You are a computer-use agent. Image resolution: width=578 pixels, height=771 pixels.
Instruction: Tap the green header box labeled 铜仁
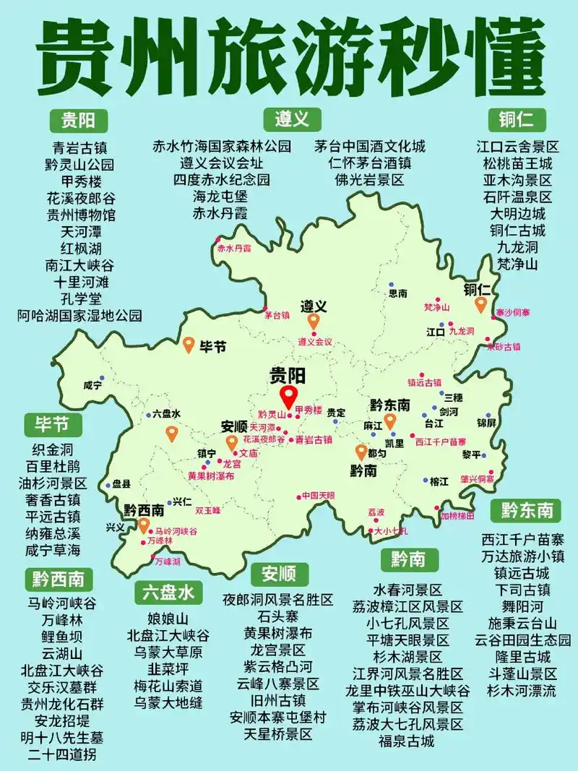(x=517, y=119)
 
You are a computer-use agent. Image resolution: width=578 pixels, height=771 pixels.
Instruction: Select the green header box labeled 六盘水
(x=166, y=593)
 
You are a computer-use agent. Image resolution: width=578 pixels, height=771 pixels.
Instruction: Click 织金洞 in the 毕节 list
(x=53, y=449)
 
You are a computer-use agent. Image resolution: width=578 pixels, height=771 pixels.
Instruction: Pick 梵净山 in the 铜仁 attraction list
(x=517, y=264)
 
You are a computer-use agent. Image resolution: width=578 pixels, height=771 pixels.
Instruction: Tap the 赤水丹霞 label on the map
(x=234, y=248)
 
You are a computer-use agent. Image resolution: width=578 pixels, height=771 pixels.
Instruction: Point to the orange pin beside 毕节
(x=189, y=345)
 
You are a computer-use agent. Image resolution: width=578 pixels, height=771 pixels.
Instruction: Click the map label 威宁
(x=92, y=386)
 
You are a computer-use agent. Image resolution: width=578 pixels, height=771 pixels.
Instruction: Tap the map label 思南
(x=398, y=293)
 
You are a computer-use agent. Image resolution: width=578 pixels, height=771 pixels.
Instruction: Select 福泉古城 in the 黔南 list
(x=407, y=741)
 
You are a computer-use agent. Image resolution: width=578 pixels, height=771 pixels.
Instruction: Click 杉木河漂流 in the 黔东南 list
(x=522, y=691)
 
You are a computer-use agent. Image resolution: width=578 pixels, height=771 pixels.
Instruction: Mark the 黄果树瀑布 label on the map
(x=211, y=476)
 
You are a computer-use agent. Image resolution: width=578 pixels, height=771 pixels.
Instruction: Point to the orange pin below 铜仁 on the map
(x=480, y=305)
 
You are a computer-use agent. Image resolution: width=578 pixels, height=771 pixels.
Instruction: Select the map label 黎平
(x=471, y=455)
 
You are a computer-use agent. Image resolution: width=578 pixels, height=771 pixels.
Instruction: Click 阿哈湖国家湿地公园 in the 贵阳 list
(x=79, y=315)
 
